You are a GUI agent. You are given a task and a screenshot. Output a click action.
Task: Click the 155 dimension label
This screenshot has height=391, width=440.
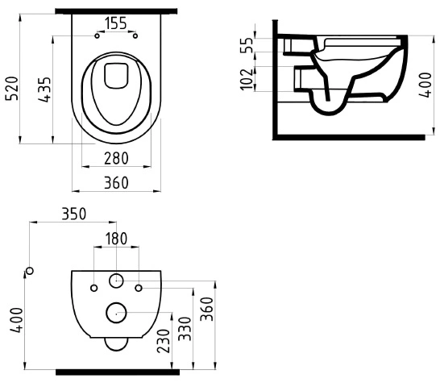coord(116,23)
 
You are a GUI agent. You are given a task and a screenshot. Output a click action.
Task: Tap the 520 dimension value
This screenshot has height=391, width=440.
coord(12,88)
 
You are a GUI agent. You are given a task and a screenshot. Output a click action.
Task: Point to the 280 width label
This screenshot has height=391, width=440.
coord(116,158)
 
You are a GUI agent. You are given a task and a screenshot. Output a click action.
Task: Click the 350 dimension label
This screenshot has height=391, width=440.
coord(74,214)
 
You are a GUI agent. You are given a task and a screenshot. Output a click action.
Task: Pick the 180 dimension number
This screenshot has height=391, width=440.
coord(116,239)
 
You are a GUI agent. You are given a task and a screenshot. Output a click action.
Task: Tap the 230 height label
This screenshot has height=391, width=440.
coord(164,341)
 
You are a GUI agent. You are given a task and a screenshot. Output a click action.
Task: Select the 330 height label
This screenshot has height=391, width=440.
coord(185,329)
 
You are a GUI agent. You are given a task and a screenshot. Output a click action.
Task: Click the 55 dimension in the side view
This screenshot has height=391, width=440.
coord(247,45)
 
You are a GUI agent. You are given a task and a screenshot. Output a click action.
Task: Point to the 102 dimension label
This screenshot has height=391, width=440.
coord(247,80)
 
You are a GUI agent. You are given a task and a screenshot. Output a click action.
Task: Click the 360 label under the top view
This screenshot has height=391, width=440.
coord(116,183)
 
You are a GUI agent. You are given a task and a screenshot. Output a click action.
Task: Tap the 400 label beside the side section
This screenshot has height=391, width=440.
coord(425,85)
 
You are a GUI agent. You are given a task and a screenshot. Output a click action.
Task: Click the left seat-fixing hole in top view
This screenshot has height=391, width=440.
coord(97,36)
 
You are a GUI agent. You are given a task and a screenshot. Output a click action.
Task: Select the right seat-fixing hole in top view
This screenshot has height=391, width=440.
coord(135,36)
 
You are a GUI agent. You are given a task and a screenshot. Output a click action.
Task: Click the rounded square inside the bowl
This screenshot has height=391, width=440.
coord(116,76)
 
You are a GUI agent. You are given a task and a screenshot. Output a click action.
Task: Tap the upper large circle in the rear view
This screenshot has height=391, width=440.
coord(117,280)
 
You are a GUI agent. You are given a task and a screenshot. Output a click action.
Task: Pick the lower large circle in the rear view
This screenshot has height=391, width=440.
coord(117,313)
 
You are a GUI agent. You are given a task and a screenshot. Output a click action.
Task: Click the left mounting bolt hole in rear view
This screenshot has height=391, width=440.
coord(94,288)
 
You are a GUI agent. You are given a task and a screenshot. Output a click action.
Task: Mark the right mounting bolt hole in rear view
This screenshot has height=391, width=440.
coord(139,288)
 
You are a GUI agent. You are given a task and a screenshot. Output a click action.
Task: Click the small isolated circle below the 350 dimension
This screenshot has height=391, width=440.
coord(30,271)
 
